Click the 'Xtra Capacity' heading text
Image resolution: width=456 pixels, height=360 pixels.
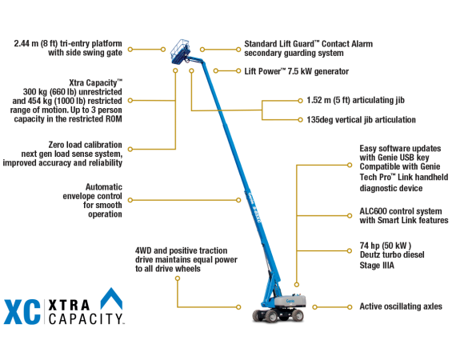pos(103,82)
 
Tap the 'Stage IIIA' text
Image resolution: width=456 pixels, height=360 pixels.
pos(377,266)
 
